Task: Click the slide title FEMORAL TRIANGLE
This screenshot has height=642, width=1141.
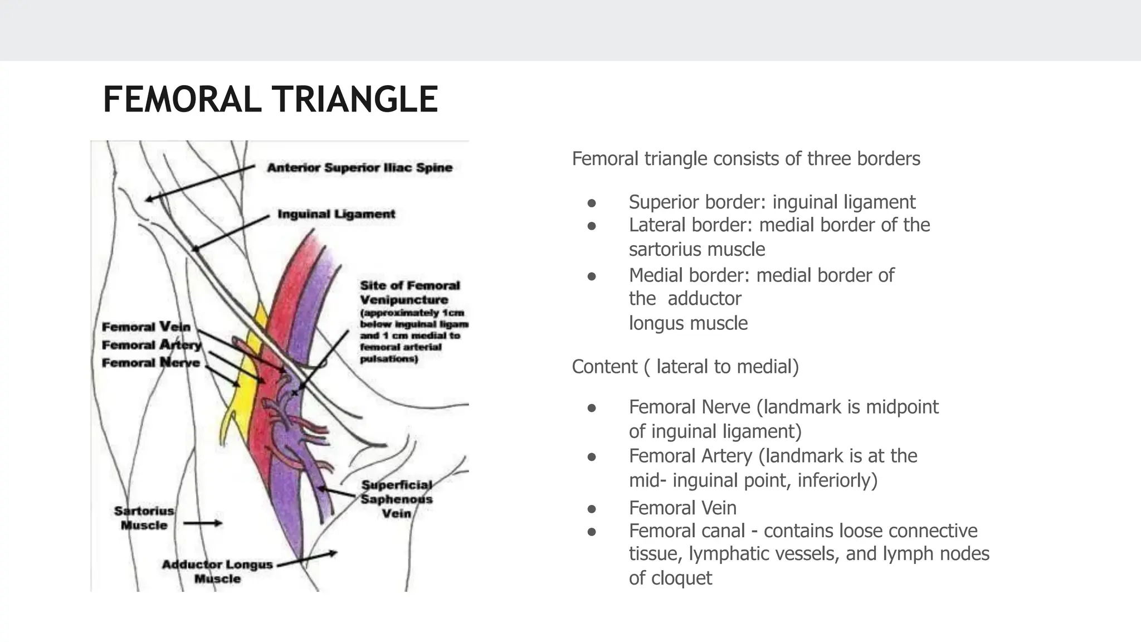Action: coord(270,100)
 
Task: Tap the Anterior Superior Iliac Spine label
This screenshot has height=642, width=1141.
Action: coord(359,168)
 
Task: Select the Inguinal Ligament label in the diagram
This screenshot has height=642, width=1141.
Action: coord(336,214)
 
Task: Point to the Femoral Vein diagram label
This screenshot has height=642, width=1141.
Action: coord(146,327)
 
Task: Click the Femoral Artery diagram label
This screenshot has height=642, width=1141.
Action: coord(151,345)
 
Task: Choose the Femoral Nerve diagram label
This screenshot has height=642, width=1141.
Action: coord(150,363)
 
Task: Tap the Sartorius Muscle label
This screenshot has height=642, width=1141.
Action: coord(144,518)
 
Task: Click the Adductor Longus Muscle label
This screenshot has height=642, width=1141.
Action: coord(217,571)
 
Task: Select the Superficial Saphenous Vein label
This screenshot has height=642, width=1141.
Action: coord(396,499)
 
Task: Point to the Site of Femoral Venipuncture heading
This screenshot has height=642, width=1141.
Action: coord(409,293)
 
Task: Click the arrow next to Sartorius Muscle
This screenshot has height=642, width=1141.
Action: coord(203,523)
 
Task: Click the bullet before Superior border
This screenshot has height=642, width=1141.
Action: coord(592,202)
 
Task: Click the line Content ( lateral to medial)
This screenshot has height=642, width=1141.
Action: coord(685,367)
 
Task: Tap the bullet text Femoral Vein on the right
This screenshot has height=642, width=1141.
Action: coord(682,508)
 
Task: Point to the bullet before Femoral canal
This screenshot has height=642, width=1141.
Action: coord(592,532)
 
